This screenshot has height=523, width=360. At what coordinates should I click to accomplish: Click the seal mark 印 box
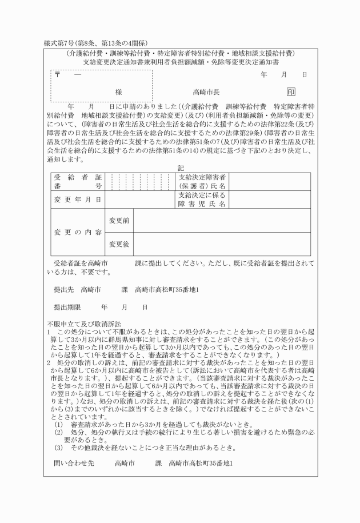[x=291, y=91]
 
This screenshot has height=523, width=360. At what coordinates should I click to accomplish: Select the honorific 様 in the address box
[x=118, y=92]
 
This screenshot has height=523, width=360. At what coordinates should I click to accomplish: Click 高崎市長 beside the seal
[x=206, y=92]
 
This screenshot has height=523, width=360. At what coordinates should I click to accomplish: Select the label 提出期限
[x=67, y=307]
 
